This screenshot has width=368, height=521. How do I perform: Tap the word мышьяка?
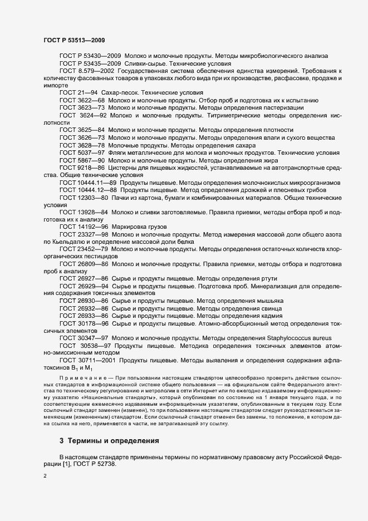click(x=269, y=301)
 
